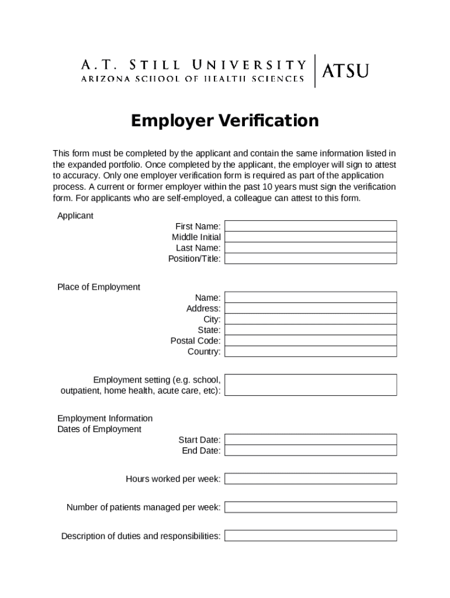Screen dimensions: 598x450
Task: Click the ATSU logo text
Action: [345, 71]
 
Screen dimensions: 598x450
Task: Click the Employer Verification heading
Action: [225, 120]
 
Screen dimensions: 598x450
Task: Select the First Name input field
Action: [310, 226]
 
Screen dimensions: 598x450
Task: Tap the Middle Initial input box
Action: [310, 237]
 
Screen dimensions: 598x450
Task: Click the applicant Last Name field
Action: [310, 248]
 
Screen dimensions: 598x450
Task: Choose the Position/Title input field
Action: [310, 258]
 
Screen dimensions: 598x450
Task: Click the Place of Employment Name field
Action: [310, 297]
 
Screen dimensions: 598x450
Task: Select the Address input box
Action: [310, 308]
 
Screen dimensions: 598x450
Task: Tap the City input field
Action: [310, 319]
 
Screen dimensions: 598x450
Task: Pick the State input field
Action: [310, 330]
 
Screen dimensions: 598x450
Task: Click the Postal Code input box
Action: [310, 340]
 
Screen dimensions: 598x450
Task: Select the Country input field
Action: [310, 352]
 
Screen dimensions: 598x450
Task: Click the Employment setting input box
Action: [310, 385]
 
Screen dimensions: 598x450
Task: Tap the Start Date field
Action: [310, 440]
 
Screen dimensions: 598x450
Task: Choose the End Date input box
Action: [310, 450]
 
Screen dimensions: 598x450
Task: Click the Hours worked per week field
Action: [310, 479]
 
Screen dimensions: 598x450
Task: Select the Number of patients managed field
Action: [310, 507]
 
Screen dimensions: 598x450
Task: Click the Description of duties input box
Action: [310, 536]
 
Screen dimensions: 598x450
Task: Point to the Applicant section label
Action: [75, 215]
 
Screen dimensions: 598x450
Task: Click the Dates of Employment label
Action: [99, 429]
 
